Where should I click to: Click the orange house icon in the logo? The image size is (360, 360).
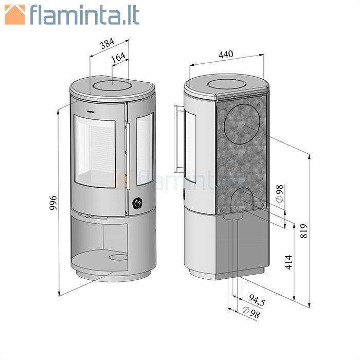(15, 14)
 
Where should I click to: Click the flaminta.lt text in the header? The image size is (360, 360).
(85, 14)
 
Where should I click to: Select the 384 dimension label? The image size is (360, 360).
(107, 44)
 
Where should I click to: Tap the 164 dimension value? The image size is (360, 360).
(118, 58)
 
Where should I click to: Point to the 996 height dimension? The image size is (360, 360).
(53, 203)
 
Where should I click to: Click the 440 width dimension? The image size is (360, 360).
(226, 55)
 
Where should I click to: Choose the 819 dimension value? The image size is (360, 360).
(303, 231)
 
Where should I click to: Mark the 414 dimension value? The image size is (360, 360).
(289, 262)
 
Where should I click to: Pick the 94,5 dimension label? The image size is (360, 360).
(257, 300)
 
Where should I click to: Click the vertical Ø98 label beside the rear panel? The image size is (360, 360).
(280, 193)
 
